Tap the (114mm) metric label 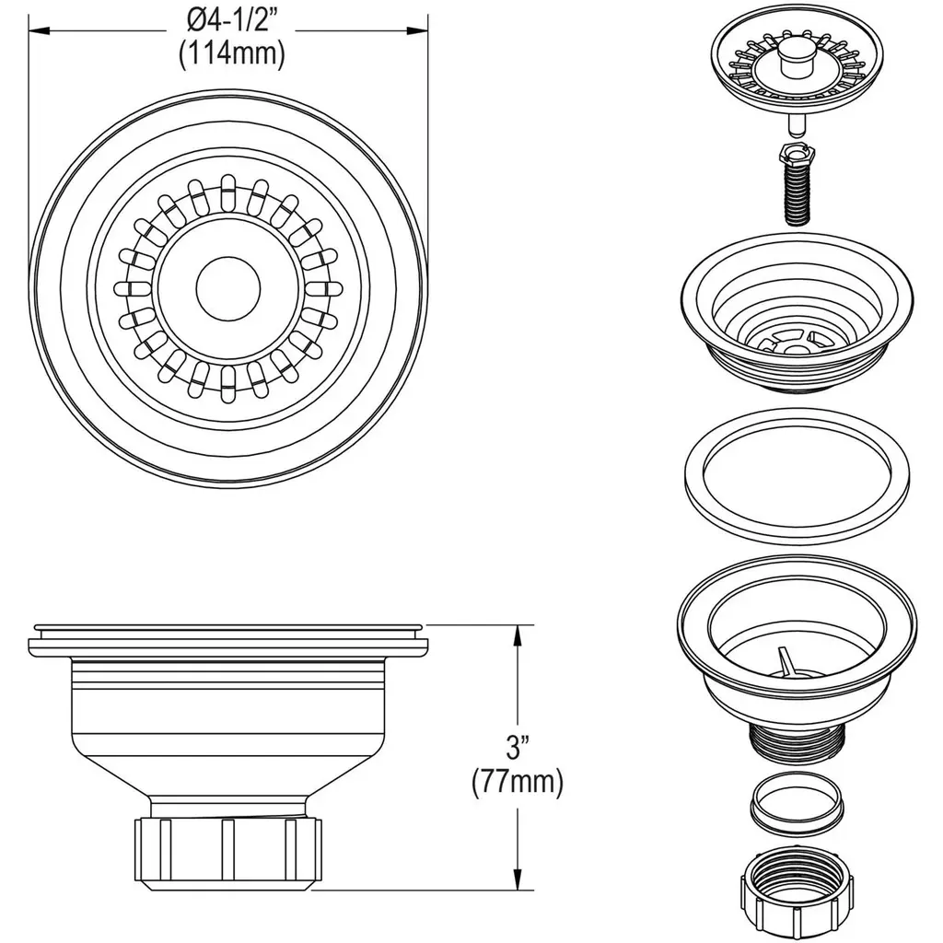231,54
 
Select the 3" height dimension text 518,747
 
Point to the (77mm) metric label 518,783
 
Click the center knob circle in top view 228,288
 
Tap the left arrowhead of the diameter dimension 39,30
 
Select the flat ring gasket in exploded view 797,475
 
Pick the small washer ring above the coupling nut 797,804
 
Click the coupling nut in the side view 228,853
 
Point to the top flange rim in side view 228,638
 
